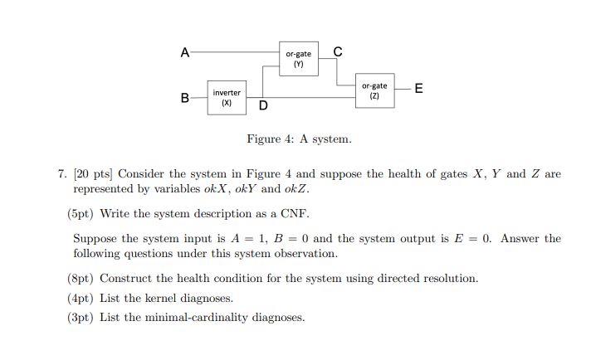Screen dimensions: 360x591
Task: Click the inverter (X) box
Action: coord(226,98)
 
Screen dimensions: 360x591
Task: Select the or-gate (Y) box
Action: coord(298,59)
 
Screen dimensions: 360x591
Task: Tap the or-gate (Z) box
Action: coord(374,91)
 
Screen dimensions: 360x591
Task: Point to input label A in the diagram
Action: coord(184,52)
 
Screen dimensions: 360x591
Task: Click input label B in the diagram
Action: coord(184,98)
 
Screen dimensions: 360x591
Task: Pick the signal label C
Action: coord(337,52)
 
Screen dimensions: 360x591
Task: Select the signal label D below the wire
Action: coord(263,106)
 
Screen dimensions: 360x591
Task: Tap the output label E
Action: coord(418,89)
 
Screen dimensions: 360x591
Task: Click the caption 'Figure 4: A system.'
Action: coord(298,139)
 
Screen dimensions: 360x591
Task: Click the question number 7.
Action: coord(61,174)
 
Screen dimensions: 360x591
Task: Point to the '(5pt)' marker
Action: coord(81,213)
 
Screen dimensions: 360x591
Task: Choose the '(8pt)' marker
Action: coord(81,279)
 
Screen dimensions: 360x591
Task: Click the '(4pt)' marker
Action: coord(81,298)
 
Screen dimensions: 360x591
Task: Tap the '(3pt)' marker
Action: coord(81,317)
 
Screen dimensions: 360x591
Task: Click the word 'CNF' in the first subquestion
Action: coord(295,213)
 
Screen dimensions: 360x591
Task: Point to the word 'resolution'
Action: coord(449,279)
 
